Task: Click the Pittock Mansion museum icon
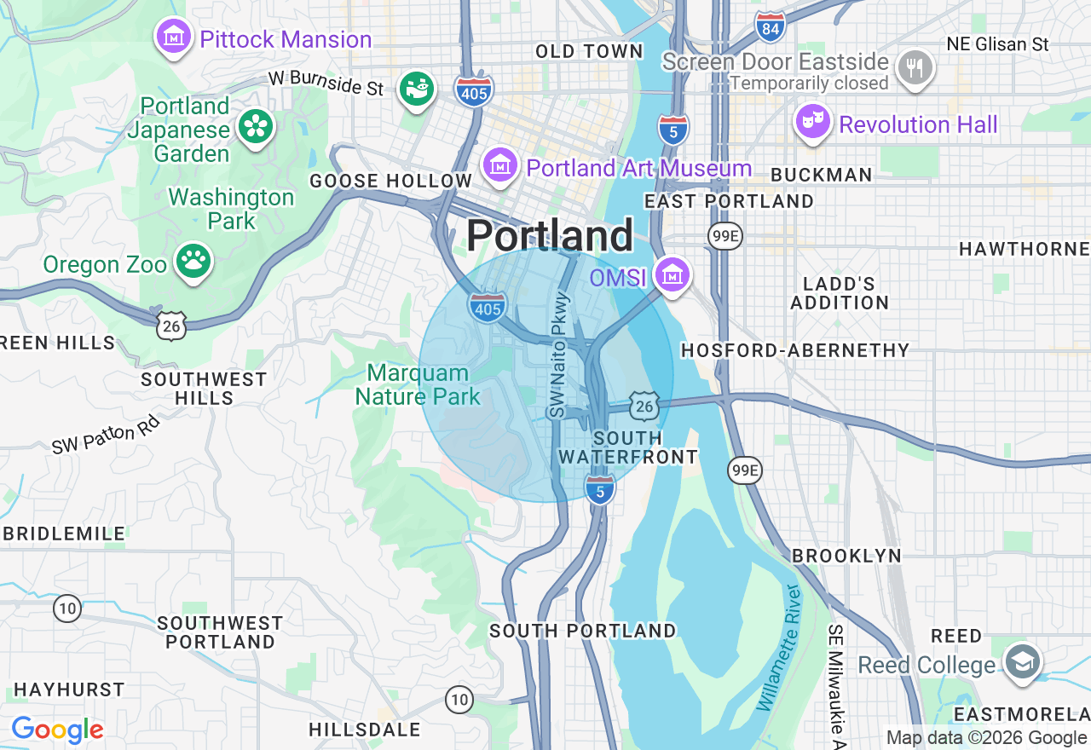pyautogui.click(x=174, y=37)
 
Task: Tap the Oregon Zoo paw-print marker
pyautogui.click(x=193, y=262)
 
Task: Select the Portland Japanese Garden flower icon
pyautogui.click(x=256, y=128)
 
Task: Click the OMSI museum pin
pyautogui.click(x=672, y=275)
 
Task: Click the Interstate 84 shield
pyautogui.click(x=770, y=28)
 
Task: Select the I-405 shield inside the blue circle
pyautogui.click(x=487, y=308)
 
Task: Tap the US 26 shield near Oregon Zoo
pyautogui.click(x=171, y=325)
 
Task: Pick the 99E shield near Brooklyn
pyautogui.click(x=744, y=470)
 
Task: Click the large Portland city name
pyautogui.click(x=550, y=235)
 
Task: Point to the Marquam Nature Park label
pyautogui.click(x=418, y=384)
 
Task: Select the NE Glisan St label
pyautogui.click(x=997, y=43)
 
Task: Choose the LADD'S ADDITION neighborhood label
pyautogui.click(x=839, y=292)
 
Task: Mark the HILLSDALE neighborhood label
pyautogui.click(x=365, y=730)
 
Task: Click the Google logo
pyautogui.click(x=57, y=730)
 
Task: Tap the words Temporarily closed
pyautogui.click(x=808, y=84)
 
